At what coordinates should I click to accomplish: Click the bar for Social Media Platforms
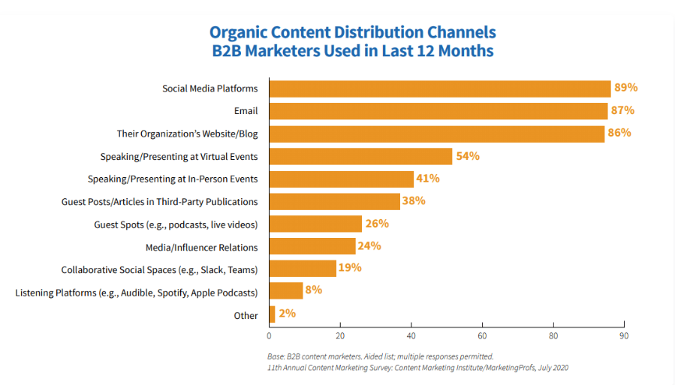(439, 89)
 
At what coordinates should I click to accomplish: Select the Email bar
(438, 111)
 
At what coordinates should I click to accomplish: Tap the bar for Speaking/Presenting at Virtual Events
(360, 156)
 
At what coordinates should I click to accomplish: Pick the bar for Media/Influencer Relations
(312, 246)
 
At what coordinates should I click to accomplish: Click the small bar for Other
(272, 314)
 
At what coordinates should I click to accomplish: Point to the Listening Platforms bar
(285, 291)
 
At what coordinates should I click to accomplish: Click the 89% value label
(625, 88)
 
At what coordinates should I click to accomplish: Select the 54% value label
(467, 156)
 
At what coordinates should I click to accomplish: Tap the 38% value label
(414, 201)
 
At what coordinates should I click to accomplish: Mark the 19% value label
(350, 268)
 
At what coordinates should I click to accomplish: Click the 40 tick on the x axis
(411, 335)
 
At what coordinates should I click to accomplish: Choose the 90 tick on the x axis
(623, 335)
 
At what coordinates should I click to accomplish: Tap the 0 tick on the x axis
(269, 335)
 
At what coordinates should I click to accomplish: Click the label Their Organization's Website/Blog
(187, 134)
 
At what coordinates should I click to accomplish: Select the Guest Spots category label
(176, 224)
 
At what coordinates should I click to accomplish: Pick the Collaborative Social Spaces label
(159, 269)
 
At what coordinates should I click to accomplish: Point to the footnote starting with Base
(379, 356)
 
